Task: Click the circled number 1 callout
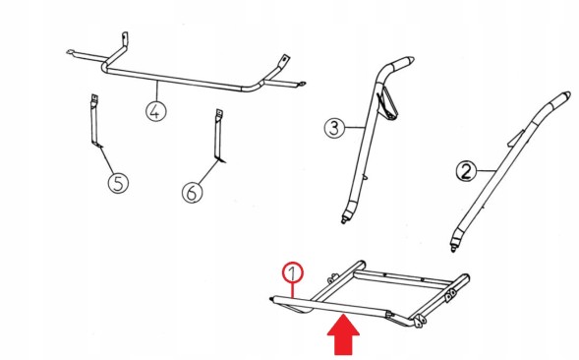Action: pos(293,272)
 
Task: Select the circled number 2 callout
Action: pos(466,171)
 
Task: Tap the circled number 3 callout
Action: pos(334,128)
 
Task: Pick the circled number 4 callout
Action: pos(156,111)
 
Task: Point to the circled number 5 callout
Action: pos(118,183)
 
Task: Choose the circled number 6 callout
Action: pos(193,192)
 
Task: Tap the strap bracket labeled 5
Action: pos(95,121)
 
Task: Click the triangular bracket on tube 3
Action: pos(388,104)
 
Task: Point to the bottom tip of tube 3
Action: pos(344,221)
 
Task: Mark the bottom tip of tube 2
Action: pos(453,250)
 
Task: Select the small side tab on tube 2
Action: pos(516,138)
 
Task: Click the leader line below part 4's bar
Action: pos(157,90)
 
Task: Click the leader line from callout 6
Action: pos(208,172)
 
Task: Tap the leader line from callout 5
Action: pos(107,160)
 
